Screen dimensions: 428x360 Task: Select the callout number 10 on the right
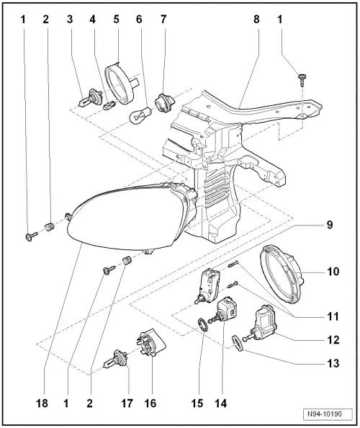[x=332, y=272]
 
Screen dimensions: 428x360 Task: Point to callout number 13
[x=332, y=364]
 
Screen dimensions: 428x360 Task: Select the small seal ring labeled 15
[x=204, y=325]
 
